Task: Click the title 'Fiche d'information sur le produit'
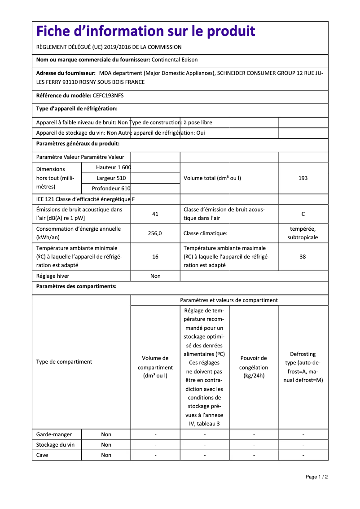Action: coord(145,31)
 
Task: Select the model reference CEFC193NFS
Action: coord(108,96)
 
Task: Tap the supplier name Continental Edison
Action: coord(175,60)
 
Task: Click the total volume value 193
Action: coord(303,178)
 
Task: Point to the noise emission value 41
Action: coord(155,214)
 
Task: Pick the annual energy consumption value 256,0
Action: coord(155,233)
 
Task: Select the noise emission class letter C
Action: coord(303,214)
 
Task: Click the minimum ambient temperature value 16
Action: coord(155,257)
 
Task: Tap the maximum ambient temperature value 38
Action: coord(303,257)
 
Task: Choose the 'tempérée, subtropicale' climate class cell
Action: coord(303,233)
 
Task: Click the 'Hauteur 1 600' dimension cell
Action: coord(113,167)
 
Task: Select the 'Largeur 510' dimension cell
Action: coord(111,178)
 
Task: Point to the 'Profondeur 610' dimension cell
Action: coord(111,189)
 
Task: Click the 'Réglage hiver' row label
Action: coord(53,276)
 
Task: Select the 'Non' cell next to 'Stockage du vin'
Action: coord(106,445)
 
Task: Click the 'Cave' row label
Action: coord(42,455)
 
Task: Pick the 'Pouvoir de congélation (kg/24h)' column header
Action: coord(254,367)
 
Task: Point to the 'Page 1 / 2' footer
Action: coord(316,477)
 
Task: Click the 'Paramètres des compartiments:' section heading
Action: coord(76,286)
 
